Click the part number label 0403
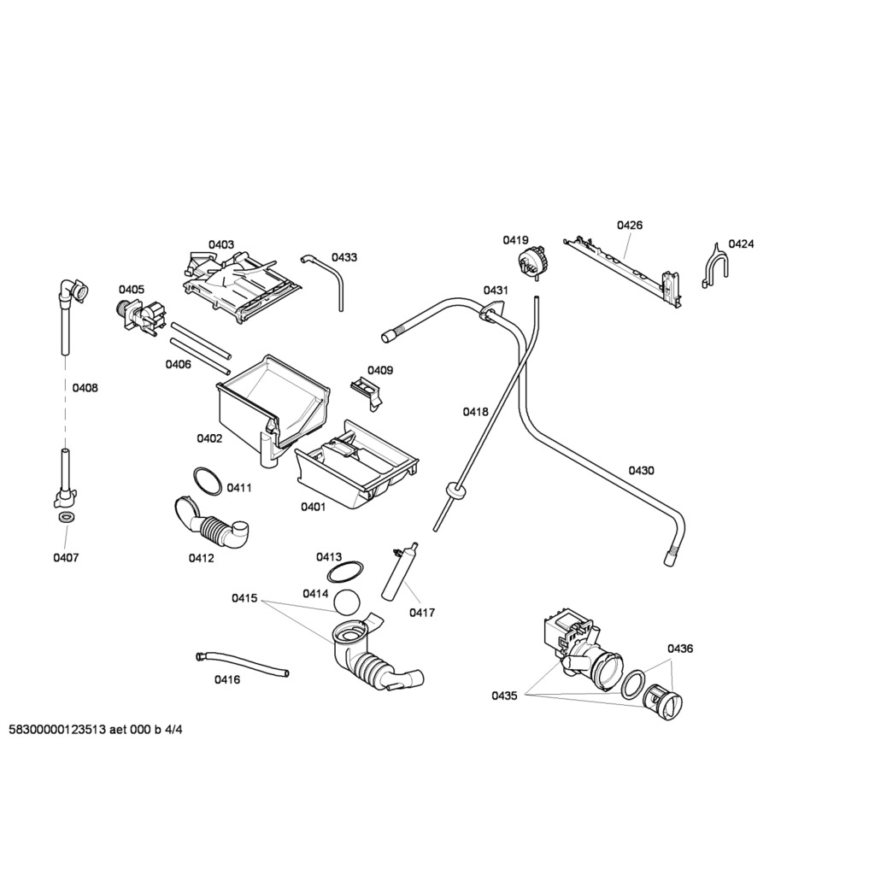pos(220,244)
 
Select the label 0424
pos(741,244)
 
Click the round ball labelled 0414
pos(347,602)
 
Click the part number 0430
pos(641,470)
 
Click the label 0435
pos(504,696)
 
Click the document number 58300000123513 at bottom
pos(56,730)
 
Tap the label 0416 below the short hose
pos(226,679)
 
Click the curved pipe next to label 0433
pos(333,278)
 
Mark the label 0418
pos(475,411)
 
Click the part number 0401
pos(312,507)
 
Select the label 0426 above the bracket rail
pos(630,226)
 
